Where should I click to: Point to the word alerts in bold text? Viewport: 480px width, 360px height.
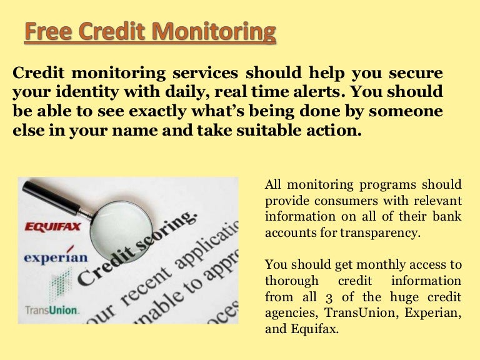[310, 92]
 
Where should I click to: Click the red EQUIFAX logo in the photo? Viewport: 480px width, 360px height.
[52, 226]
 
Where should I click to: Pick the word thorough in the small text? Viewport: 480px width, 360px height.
[292, 281]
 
